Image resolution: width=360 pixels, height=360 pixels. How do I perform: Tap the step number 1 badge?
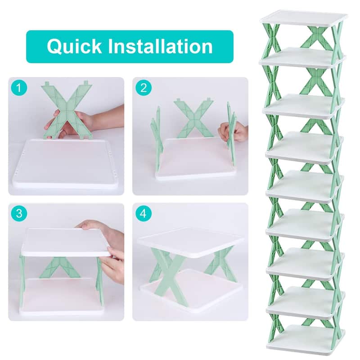pyautogui.click(x=18, y=88)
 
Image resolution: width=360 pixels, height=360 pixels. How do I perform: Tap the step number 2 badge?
pyautogui.click(x=143, y=88)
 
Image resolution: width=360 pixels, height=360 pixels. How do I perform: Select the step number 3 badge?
pyautogui.click(x=18, y=213)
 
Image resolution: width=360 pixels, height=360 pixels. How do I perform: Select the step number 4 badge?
pyautogui.click(x=143, y=213)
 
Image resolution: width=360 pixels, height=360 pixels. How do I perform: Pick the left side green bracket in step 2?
pyautogui.click(x=157, y=135)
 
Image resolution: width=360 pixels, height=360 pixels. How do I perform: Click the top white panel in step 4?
pyautogui.click(x=191, y=241)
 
